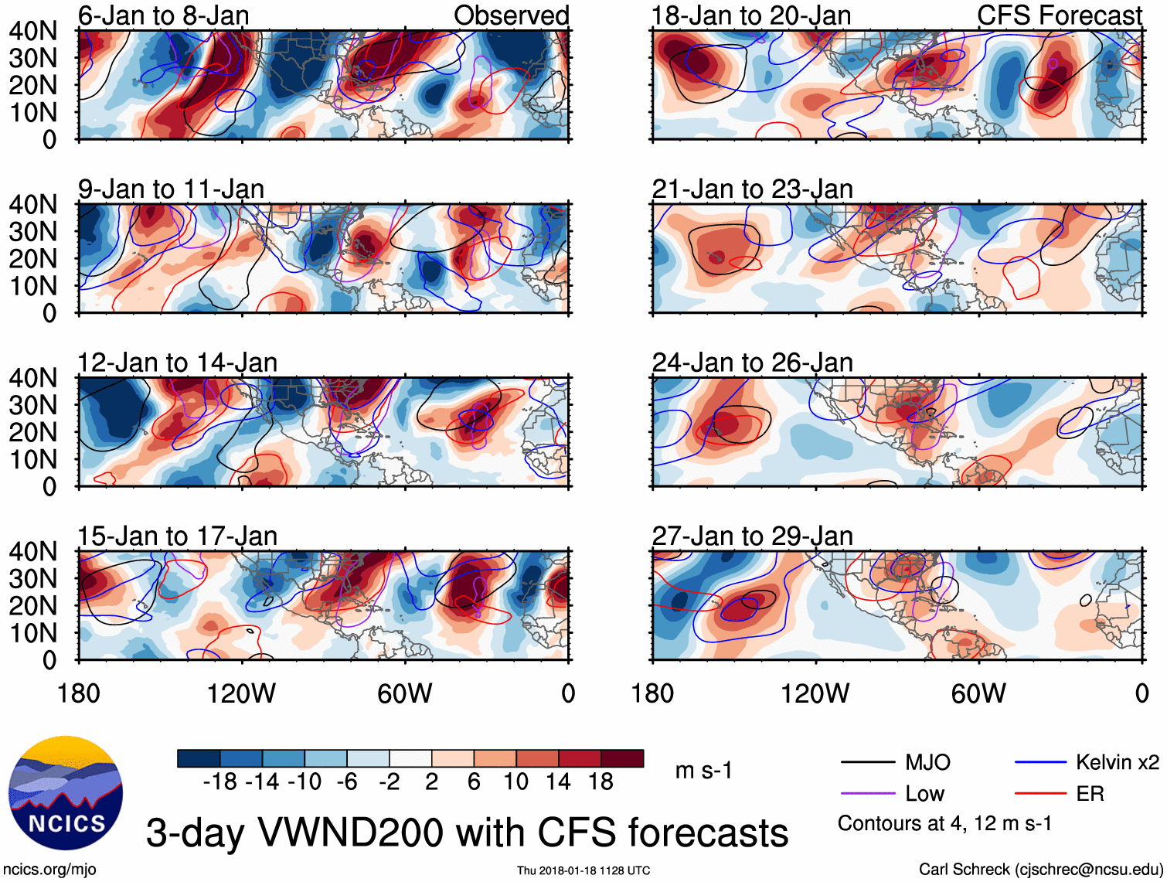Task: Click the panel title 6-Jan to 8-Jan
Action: (163, 15)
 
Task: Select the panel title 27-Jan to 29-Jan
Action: (752, 536)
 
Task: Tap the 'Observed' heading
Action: (511, 15)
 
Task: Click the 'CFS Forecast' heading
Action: (1059, 15)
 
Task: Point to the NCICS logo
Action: (66, 792)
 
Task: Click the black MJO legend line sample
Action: (867, 763)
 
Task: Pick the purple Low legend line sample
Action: (867, 794)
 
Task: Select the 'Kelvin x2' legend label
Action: (1117, 763)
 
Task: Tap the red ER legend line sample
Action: (1039, 794)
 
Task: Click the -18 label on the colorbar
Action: (219, 782)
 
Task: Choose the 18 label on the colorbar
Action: (601, 782)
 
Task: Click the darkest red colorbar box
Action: (622, 758)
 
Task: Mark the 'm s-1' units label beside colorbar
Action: (703, 771)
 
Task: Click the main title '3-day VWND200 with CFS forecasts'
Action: (467, 833)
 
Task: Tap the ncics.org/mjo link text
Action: (49, 870)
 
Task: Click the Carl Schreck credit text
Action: (1040, 870)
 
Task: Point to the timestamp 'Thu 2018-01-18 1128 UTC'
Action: (583, 870)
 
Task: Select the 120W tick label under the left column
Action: (241, 693)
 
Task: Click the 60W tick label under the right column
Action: (978, 693)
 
